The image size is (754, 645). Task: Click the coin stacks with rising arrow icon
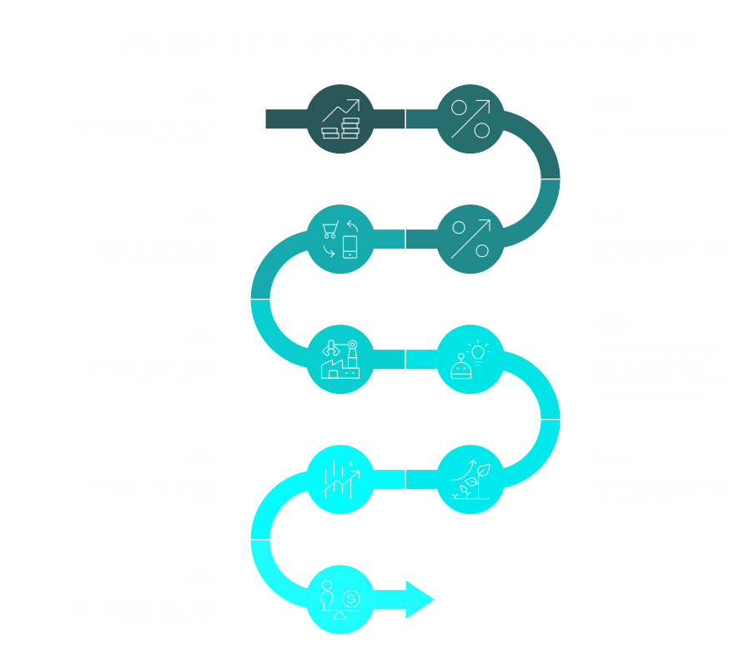pyautogui.click(x=340, y=119)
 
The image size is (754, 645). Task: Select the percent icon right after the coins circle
pyautogui.click(x=470, y=119)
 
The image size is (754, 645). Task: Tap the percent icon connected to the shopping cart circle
pyautogui.click(x=470, y=239)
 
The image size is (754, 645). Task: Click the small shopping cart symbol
pyautogui.click(x=330, y=229)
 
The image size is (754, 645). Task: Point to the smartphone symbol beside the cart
pyautogui.click(x=350, y=247)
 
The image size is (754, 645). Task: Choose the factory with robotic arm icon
pyautogui.click(x=340, y=360)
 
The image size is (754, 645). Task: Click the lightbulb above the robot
pyautogui.click(x=478, y=352)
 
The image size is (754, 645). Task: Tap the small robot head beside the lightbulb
pyautogui.click(x=460, y=367)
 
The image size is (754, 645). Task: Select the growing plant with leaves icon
pyautogui.click(x=470, y=480)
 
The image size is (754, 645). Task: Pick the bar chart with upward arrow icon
pyautogui.click(x=340, y=480)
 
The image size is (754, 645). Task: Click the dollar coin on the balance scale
pyautogui.click(x=351, y=598)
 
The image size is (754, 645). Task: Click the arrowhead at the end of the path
pyautogui.click(x=420, y=599)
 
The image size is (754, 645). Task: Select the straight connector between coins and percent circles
pyautogui.click(x=405, y=119)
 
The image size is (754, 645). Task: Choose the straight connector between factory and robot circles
pyautogui.click(x=405, y=360)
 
